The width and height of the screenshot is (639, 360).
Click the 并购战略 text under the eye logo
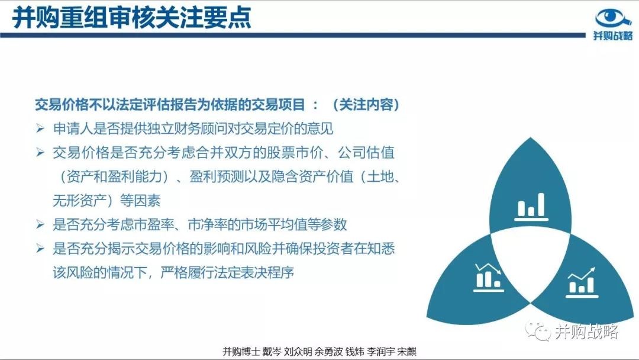(x=613, y=36)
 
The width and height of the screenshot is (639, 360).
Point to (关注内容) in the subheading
(x=366, y=105)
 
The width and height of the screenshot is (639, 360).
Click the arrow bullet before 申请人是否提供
(x=40, y=128)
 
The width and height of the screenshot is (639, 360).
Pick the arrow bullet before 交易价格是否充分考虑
(x=40, y=153)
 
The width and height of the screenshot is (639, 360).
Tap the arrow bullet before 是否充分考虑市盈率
(x=40, y=224)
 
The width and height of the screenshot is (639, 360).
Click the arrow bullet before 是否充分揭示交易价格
(x=40, y=248)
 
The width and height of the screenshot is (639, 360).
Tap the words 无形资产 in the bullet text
(x=79, y=201)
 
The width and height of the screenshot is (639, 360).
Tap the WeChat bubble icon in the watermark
(x=538, y=331)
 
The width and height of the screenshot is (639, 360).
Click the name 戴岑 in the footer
(x=272, y=352)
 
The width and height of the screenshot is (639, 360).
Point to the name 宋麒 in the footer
(x=406, y=352)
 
